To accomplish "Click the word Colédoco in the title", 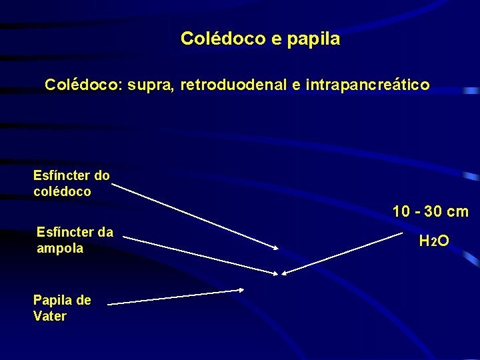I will point(223,39).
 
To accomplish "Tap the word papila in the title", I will point(313,39).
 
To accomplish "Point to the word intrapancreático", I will point(368,85).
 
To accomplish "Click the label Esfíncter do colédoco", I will point(71,183).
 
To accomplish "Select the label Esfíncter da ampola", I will point(75,240).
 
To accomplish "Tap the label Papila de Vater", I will point(62,308).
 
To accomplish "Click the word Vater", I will point(50,316).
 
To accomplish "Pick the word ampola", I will point(60,248).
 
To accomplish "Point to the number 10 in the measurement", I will point(401,212).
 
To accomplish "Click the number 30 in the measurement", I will point(433,212).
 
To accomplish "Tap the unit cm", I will point(457,212).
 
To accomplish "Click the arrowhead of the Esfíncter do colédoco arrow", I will point(275,248).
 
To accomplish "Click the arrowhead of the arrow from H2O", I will point(285,273).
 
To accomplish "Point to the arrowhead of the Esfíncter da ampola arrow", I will point(273,272).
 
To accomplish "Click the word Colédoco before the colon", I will point(77,85).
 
